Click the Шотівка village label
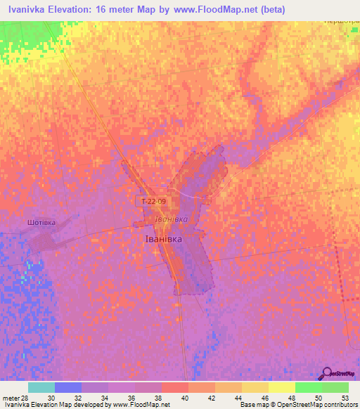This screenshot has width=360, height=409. click(x=40, y=222)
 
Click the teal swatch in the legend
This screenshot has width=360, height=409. click(x=41, y=387)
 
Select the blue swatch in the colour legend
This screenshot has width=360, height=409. click(x=67, y=387)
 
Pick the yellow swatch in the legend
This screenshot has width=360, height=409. click(x=281, y=387)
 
